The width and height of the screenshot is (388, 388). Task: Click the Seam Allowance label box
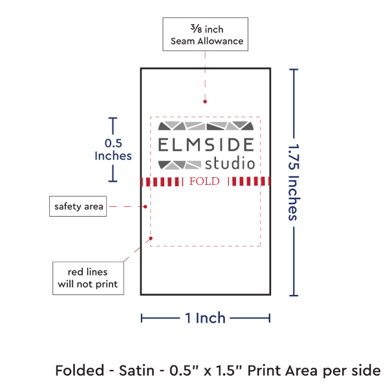[206, 35]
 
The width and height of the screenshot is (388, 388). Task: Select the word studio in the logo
[230, 164]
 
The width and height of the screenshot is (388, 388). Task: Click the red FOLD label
[205, 181]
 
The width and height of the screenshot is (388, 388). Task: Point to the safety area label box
[77, 207]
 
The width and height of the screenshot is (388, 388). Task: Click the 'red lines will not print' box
[88, 277]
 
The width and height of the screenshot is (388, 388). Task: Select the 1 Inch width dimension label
[205, 318]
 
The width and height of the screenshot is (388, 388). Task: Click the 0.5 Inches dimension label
[113, 149]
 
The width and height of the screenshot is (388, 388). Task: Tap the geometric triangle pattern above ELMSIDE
[206, 125]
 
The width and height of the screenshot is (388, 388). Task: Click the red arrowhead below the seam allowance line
[205, 101]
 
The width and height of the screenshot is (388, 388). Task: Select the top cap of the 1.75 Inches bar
[295, 69]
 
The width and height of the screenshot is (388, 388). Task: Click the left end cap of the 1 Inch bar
[142, 318]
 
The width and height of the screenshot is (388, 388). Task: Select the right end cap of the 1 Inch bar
[269, 318]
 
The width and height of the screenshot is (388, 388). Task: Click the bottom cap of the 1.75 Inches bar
[295, 295]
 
